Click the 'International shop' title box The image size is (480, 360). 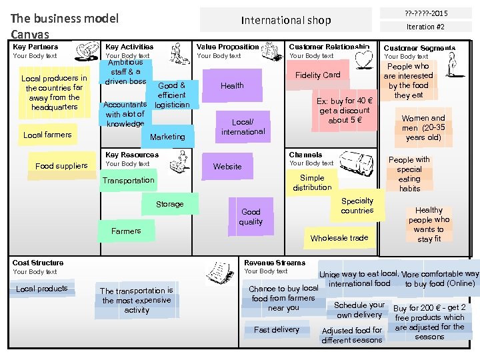point(286,20)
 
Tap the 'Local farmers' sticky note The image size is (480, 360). point(47,135)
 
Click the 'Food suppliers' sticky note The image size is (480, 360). point(61,165)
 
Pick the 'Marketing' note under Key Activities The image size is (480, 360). point(167,137)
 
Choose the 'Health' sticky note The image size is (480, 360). point(232,85)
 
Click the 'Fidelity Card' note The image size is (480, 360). point(318,75)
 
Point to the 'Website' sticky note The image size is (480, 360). point(227,166)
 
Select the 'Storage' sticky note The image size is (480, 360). point(169,204)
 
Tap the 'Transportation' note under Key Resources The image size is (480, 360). point(128,180)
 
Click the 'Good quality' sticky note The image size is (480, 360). point(251,217)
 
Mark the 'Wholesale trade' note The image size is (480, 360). point(339,237)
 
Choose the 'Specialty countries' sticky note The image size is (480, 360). point(357,205)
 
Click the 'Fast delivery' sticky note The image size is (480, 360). point(277,329)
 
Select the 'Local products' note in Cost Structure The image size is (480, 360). point(42,289)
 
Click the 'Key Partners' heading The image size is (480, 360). point(35,47)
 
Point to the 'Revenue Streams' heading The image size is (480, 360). point(275,263)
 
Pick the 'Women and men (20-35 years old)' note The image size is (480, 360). point(423,128)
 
